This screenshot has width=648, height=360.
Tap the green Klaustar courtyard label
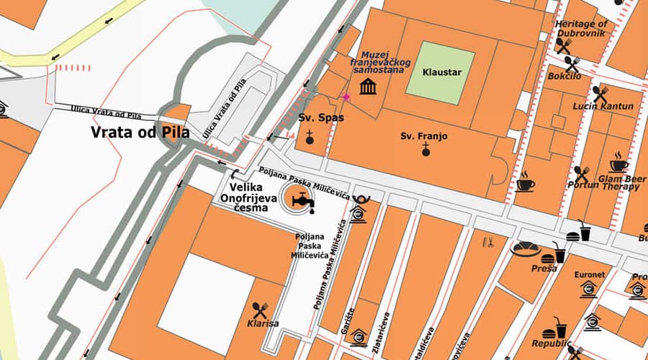[x=441, y=73]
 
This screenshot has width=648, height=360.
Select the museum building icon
[x=369, y=88]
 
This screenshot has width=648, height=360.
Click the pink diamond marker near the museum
[x=346, y=96]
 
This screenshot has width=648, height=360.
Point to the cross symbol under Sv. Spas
[x=310, y=136]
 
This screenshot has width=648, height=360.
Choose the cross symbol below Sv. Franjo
[x=426, y=150]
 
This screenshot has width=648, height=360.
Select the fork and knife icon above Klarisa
[x=260, y=310]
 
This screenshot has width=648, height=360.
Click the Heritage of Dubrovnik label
[x=581, y=28]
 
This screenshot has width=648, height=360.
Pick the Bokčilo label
[x=564, y=76]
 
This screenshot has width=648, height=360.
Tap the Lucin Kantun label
[x=598, y=107]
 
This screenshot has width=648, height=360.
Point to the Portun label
[x=582, y=184]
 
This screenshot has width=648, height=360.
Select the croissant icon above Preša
[x=525, y=250]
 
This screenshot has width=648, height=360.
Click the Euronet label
[x=589, y=274]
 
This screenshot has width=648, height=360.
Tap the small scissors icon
[x=487, y=242]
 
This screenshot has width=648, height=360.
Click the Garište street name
[x=351, y=317]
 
